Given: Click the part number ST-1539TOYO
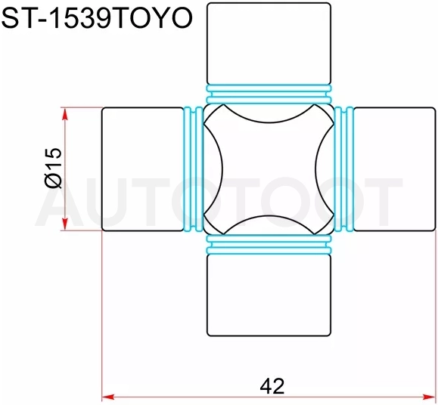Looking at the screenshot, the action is [x=97, y=18].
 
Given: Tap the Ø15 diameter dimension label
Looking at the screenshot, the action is [x=53, y=168].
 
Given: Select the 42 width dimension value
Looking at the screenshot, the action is [x=272, y=386].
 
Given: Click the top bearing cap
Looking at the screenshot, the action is [x=269, y=43].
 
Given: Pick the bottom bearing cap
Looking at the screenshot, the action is [x=269, y=295].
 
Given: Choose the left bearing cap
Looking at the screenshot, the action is [x=142, y=169].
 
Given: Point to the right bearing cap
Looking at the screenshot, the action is [x=394, y=169].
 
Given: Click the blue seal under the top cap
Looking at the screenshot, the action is [x=269, y=94].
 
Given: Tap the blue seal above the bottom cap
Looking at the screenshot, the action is [x=269, y=244].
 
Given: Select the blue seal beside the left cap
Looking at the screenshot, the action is [x=194, y=169].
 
